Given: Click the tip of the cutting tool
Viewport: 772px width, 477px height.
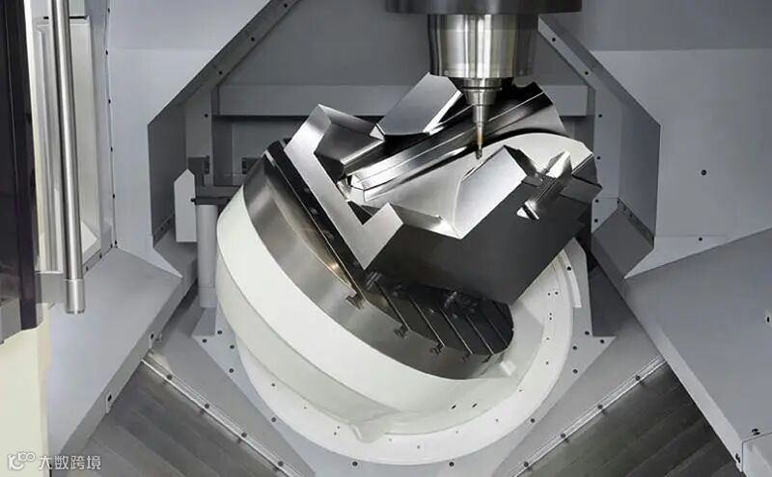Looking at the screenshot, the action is coord(478,157).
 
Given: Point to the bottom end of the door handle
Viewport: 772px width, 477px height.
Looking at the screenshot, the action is coord(75,309).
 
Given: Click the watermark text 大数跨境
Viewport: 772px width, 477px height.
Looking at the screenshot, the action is coord(69,463).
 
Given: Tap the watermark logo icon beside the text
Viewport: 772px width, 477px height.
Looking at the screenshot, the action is coord(21,462).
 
